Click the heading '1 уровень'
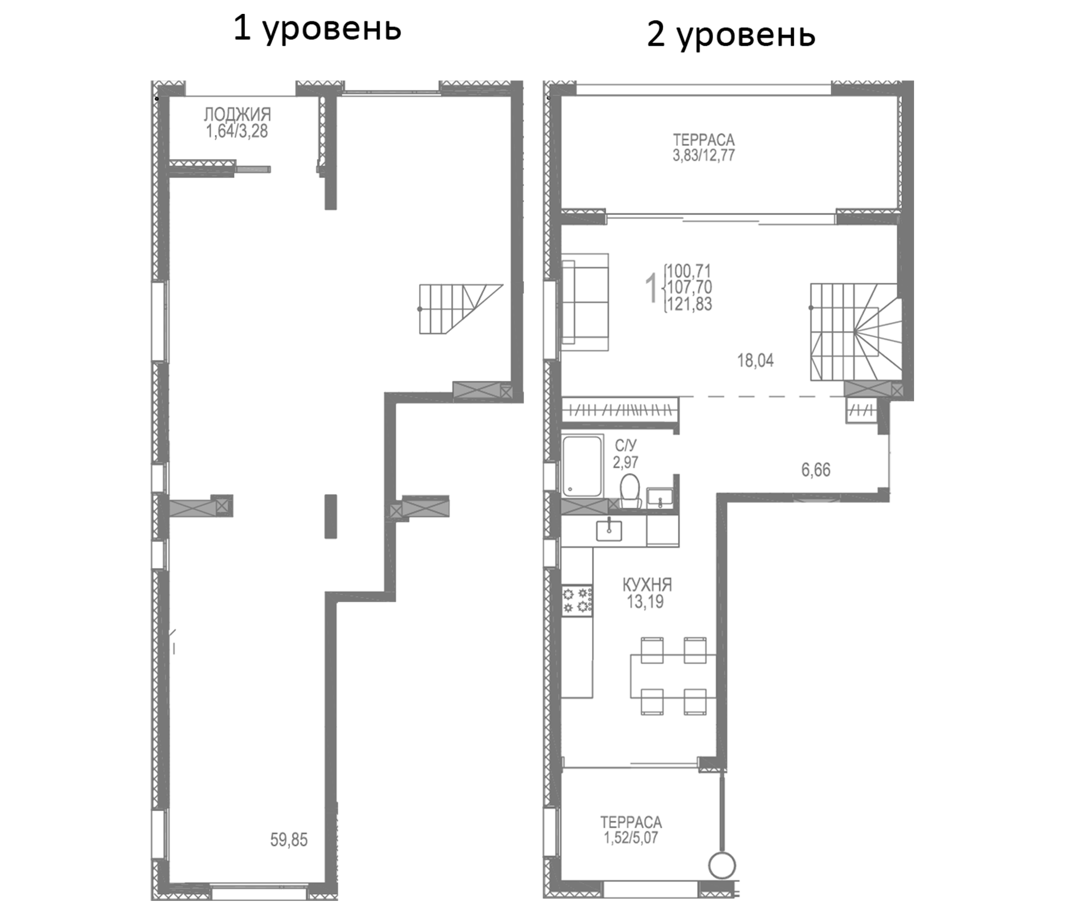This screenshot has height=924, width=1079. [317, 29]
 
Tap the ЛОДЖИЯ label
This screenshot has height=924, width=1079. [237, 114]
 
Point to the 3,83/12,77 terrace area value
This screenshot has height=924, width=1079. [703, 156]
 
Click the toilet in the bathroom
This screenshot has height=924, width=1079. [630, 490]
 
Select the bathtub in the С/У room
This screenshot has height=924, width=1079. [583, 466]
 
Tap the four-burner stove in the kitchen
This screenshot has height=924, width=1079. [578, 601]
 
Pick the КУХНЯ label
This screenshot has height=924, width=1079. [647, 585]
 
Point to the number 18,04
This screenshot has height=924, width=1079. [755, 360]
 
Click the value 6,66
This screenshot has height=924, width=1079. [815, 470]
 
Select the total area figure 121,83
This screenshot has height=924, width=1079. [690, 304]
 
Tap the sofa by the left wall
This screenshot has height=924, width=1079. [585, 302]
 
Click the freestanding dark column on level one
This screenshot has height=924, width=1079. [330, 516]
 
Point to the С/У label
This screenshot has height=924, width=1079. [625, 446]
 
